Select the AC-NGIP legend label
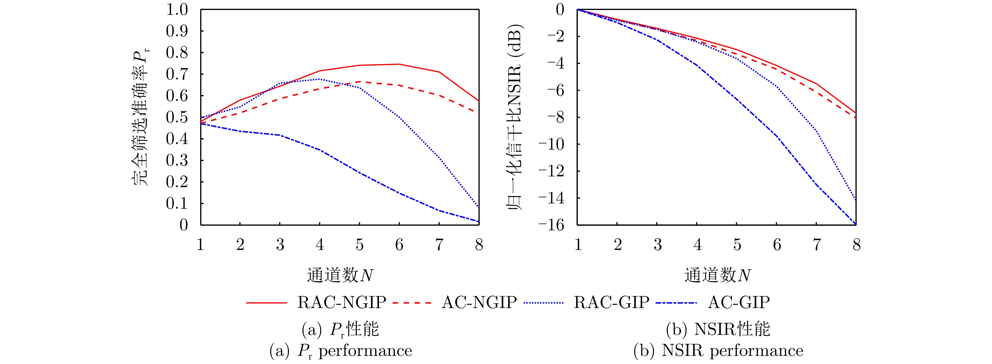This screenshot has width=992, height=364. pos(479,302)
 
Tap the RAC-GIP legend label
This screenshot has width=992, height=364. pos(611,302)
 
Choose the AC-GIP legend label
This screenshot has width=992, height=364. pos(738,302)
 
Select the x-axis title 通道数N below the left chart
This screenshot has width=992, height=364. pos(340,275)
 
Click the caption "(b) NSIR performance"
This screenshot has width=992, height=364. pos(718,351)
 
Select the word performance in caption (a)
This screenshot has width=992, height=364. pos(365,351)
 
